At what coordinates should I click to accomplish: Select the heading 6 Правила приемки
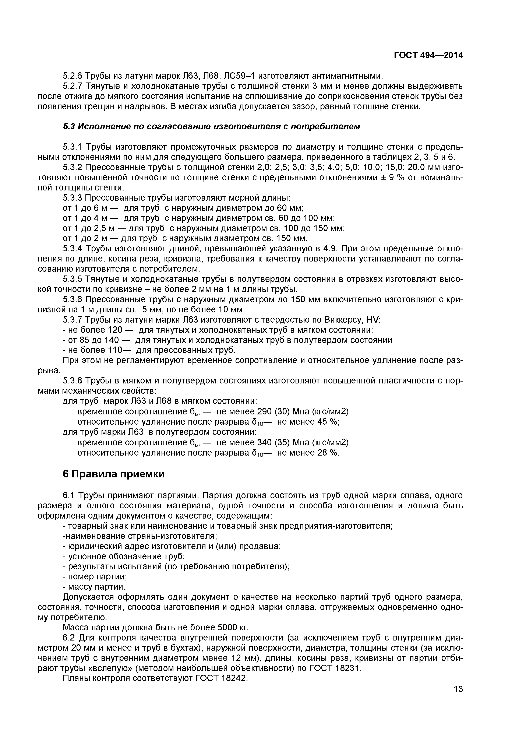pos(113,474)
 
